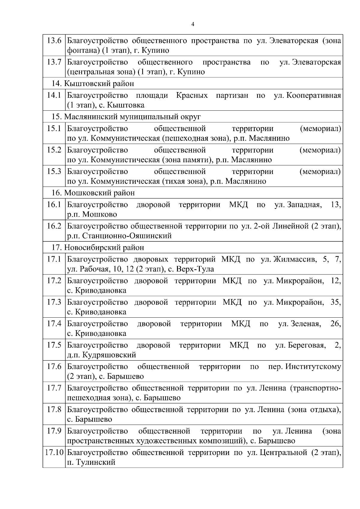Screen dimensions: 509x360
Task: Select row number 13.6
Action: click(x=54, y=40)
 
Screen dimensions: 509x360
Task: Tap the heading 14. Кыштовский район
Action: click(x=93, y=83)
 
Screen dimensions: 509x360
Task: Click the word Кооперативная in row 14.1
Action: click(x=314, y=95)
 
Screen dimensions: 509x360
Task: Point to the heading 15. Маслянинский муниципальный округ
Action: click(x=126, y=117)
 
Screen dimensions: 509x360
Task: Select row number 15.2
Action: click(x=54, y=150)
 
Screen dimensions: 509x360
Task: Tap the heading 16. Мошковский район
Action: click(x=93, y=193)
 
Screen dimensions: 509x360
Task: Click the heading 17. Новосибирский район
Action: click(x=98, y=247)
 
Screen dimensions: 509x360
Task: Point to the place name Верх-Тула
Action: click(x=195, y=269)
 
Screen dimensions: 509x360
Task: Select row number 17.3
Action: click(x=54, y=302)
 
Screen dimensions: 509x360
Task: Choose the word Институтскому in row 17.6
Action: click(x=313, y=367)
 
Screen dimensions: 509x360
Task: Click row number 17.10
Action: click(x=54, y=453)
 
